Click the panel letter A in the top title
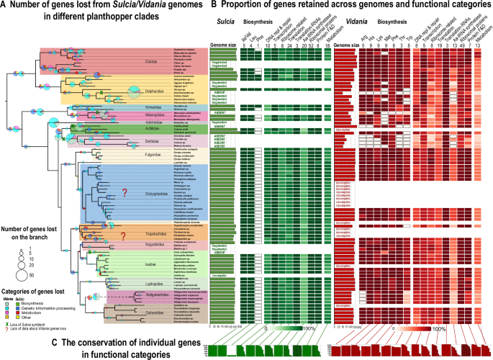[x=6, y=7]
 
